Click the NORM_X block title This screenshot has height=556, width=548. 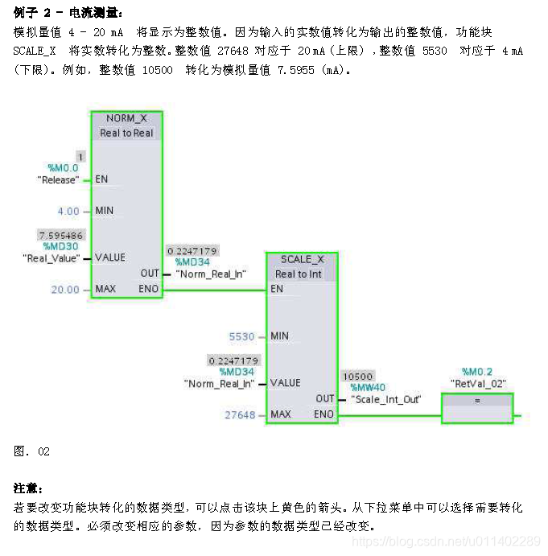tap(126, 118)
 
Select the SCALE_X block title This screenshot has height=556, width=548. tap(302, 259)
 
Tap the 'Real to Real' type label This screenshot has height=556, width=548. tap(126, 133)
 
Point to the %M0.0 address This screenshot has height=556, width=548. tap(63, 168)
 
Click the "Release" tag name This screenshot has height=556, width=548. tap(59, 179)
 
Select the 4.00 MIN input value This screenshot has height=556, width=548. tap(68, 211)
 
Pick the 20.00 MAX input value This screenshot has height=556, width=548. tap(65, 290)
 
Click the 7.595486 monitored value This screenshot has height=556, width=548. tap(60, 235)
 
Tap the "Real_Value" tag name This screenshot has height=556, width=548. tap(52, 257)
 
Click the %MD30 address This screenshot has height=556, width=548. tap(61, 246)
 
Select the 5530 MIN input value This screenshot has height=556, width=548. tap(241, 336)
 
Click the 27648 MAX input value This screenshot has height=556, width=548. tap(240, 415)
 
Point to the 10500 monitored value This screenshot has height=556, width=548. tap(358, 376)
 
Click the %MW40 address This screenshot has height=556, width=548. tap(368, 387)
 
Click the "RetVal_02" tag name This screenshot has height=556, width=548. tap(478, 384)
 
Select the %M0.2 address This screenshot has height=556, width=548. tap(477, 372)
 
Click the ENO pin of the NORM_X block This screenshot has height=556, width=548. tap(149, 288)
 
